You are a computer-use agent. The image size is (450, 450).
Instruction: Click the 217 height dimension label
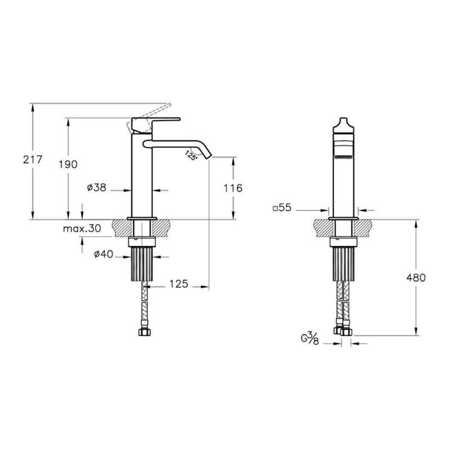(33, 160)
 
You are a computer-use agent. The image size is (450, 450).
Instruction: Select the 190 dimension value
(68, 164)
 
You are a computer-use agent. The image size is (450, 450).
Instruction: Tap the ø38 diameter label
(97, 188)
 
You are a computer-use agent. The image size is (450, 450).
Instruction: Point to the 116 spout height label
(233, 188)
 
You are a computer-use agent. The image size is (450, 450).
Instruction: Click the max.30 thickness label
(82, 228)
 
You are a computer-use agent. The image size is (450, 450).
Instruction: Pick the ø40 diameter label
(103, 254)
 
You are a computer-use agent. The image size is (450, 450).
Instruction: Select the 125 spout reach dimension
(178, 284)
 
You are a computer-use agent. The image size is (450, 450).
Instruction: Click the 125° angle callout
(190, 155)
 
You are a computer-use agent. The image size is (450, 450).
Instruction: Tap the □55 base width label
(282, 208)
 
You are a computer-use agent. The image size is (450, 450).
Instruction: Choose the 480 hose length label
(416, 278)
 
